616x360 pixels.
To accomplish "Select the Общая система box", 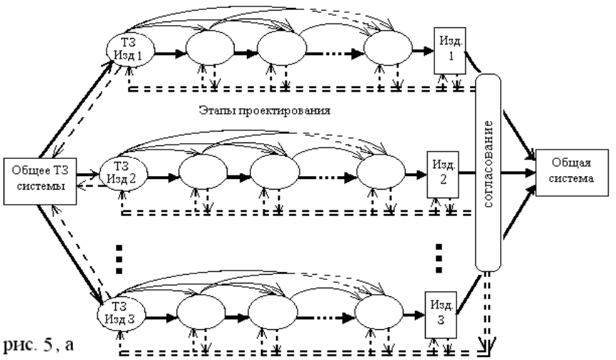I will (x=567, y=172).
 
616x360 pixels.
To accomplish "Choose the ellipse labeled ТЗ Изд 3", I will (x=119, y=312).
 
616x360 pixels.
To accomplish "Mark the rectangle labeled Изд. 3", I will (x=441, y=312).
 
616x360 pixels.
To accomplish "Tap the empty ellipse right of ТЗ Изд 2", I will (x=201, y=172).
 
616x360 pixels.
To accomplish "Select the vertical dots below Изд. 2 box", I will (x=439, y=256).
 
